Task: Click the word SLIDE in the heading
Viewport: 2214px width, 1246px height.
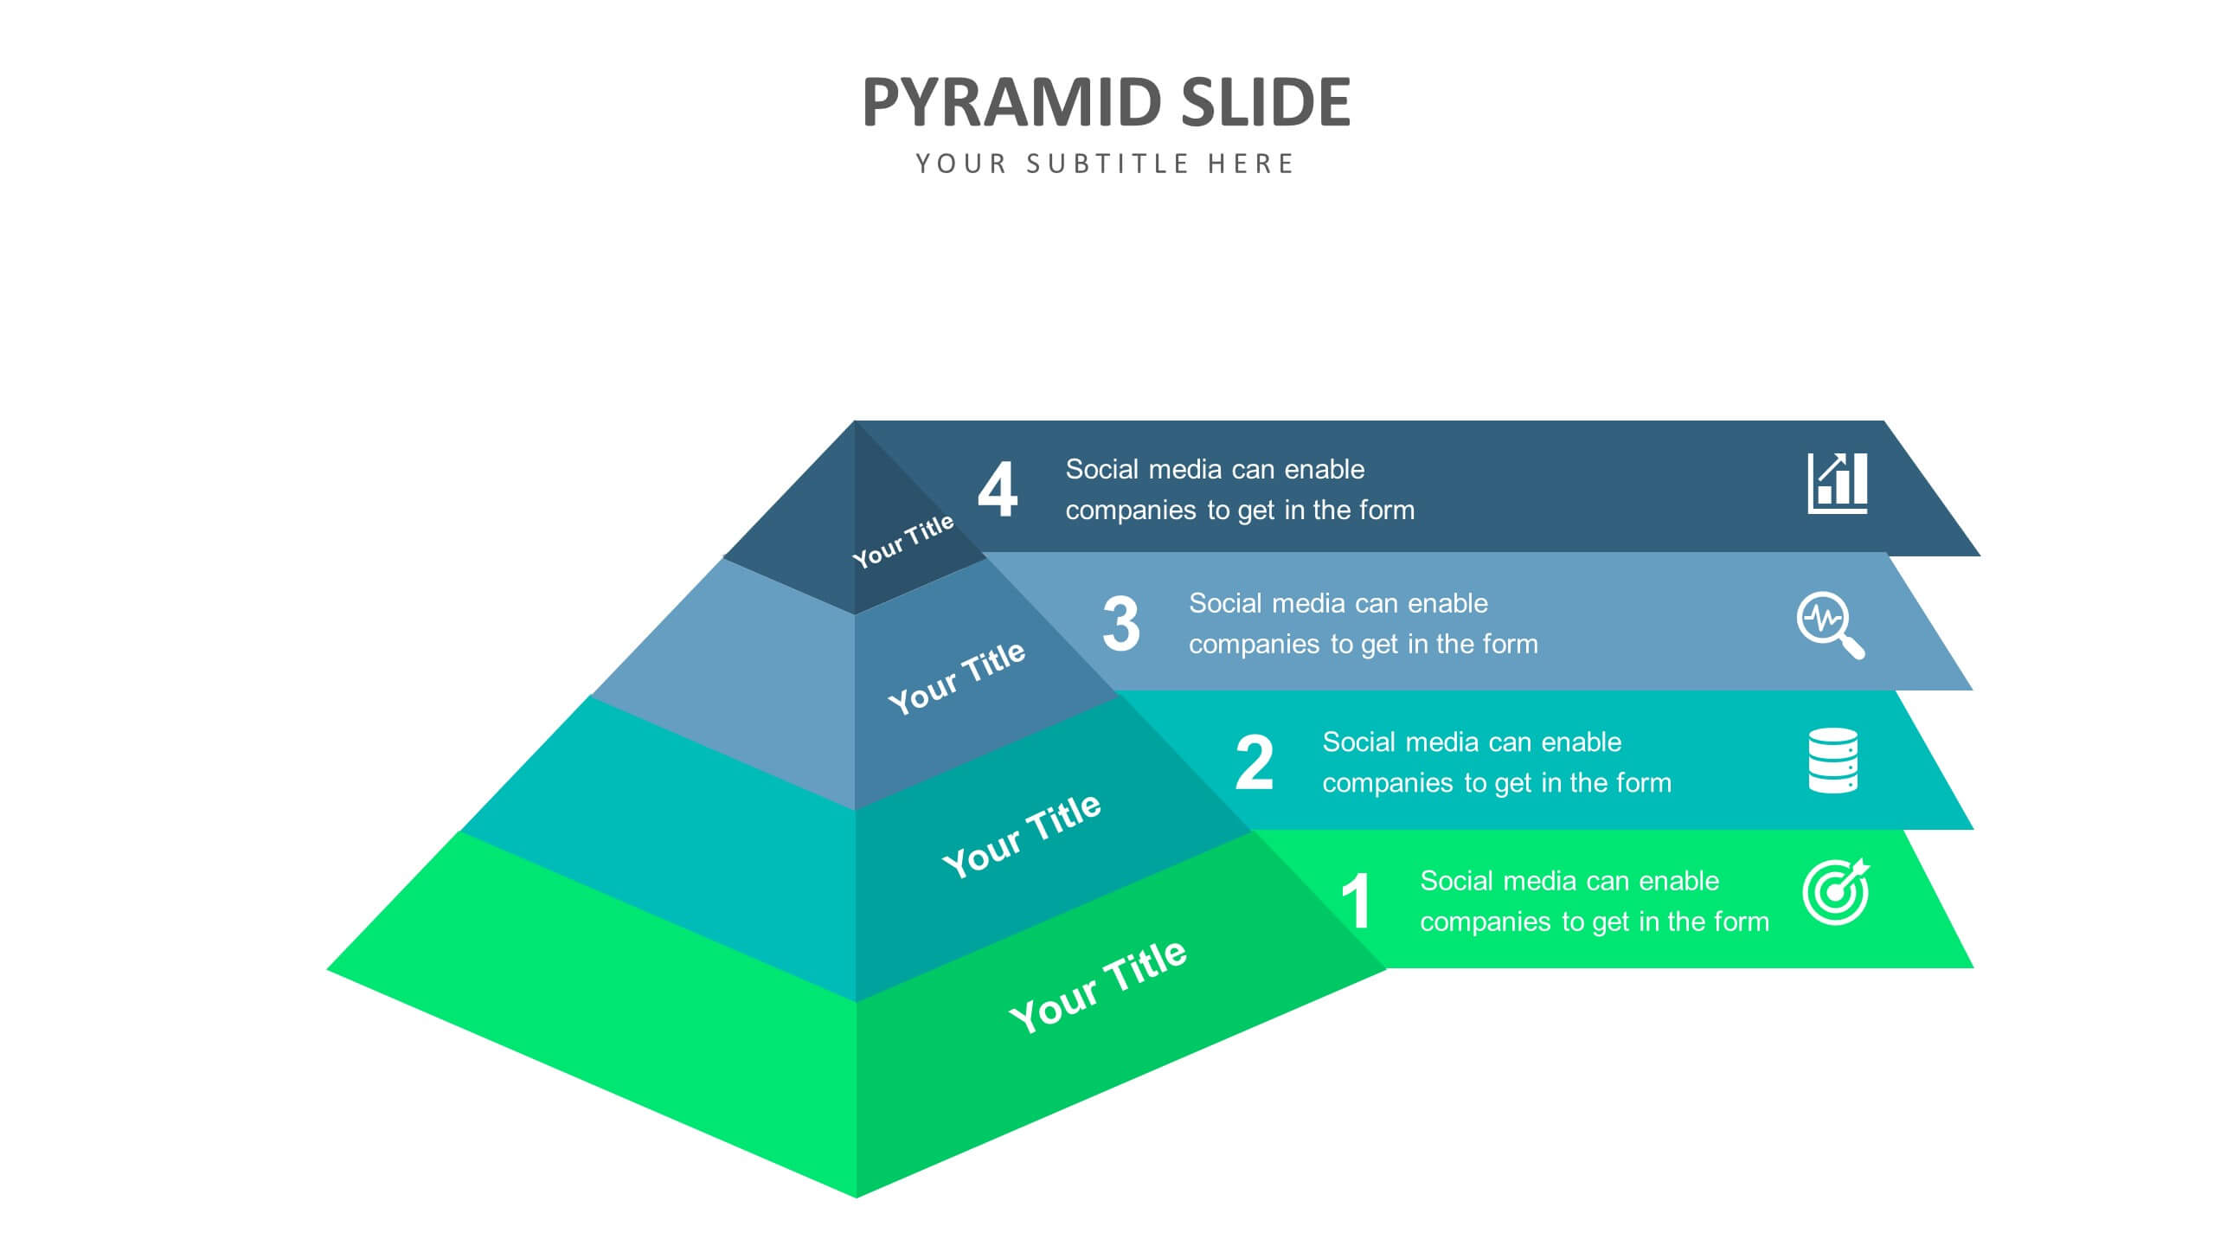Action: pos(1266,102)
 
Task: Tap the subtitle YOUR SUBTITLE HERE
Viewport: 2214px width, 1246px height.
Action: pos(1105,164)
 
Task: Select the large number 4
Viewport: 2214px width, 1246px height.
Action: pos(998,489)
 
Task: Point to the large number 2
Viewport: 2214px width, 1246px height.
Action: pos(1255,762)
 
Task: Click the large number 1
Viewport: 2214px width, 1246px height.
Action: pos(1357,901)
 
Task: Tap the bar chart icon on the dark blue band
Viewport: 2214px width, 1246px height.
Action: pos(1838,483)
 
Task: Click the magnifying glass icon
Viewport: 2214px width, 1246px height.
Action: pos(1831,626)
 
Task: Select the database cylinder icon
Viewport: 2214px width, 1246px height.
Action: pos(1833,761)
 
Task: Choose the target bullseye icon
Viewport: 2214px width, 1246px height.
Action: pos(1836,892)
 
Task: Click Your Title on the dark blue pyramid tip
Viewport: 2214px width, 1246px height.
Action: pos(903,541)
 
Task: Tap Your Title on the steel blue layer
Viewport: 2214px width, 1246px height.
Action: pos(957,678)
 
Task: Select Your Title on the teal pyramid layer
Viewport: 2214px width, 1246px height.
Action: pos(1022,836)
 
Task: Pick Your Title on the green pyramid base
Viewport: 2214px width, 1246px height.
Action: pos(1098,986)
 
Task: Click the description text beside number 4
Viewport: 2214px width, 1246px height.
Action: pos(1240,490)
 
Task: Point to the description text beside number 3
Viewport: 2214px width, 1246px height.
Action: pos(1364,624)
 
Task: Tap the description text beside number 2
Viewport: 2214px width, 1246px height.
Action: pos(1497,762)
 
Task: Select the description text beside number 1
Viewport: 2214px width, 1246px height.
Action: pos(1595,902)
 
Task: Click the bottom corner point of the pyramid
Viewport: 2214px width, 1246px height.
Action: pos(857,1198)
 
